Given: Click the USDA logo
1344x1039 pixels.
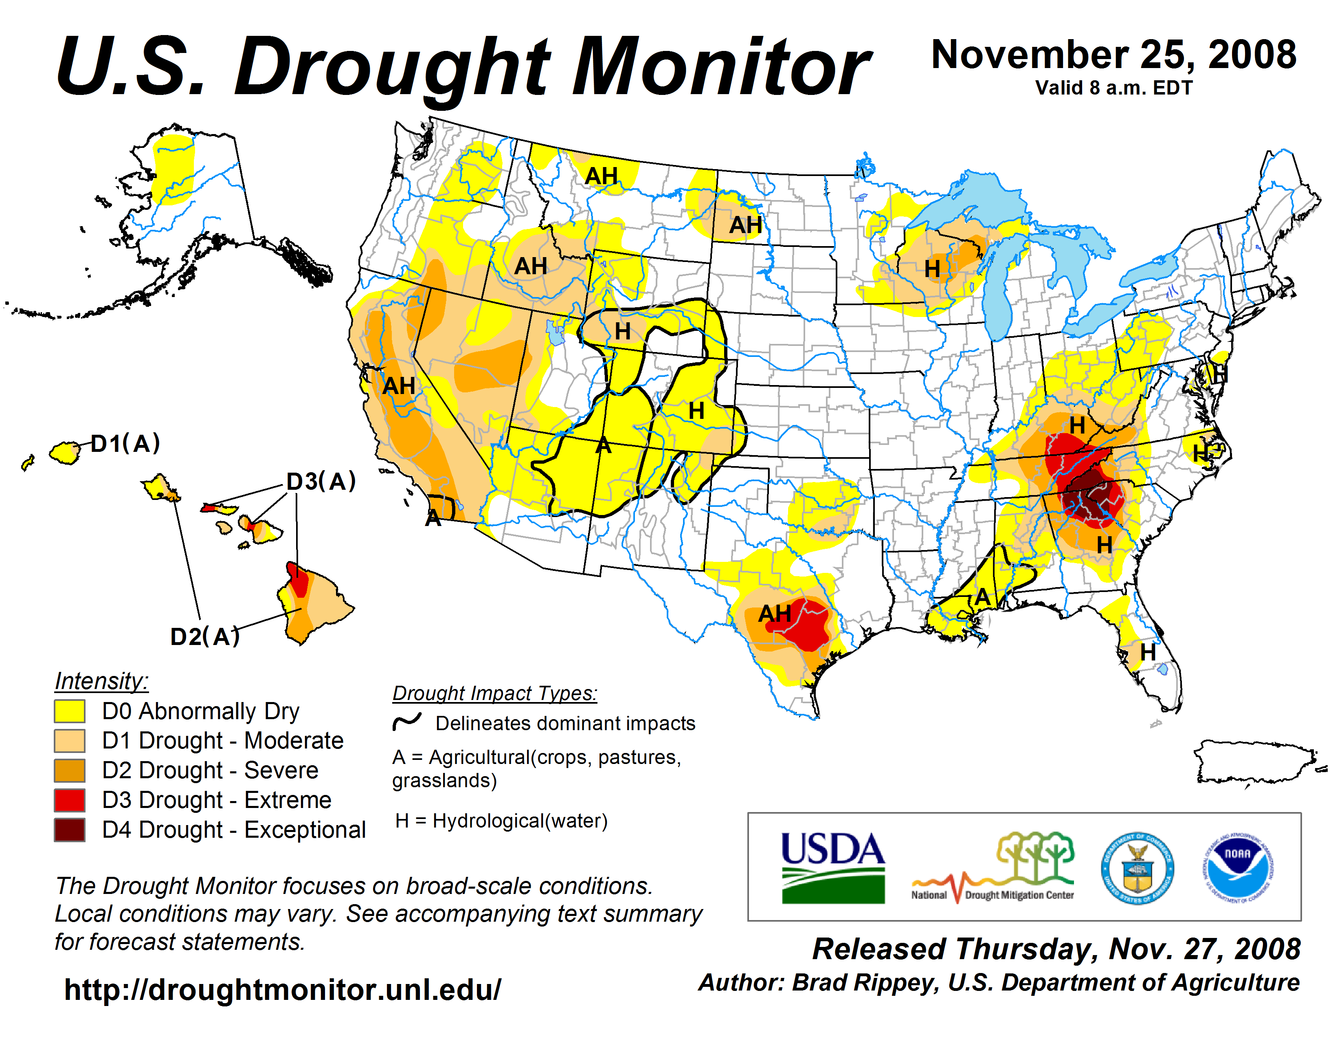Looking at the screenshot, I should tap(832, 867).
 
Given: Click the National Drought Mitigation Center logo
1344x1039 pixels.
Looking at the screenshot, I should tap(993, 868).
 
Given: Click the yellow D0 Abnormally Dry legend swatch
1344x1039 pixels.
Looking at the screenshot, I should tap(70, 711).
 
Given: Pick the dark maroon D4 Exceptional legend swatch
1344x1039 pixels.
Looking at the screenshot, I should tap(70, 830).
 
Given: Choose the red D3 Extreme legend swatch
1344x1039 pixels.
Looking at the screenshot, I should tap(70, 800).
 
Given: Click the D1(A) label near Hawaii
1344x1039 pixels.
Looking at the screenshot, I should tap(125, 443).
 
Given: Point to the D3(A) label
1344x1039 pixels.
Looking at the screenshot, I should tap(321, 481).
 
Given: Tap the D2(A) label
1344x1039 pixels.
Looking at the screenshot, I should tap(204, 636).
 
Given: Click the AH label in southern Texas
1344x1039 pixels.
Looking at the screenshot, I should tap(774, 613).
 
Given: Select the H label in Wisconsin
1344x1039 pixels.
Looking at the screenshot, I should tap(932, 269).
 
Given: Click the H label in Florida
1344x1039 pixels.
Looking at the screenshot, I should tap(1148, 652).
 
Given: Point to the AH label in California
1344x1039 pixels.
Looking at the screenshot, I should tap(399, 386).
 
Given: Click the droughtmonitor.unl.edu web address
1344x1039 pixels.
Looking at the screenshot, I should tap(283, 990).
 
